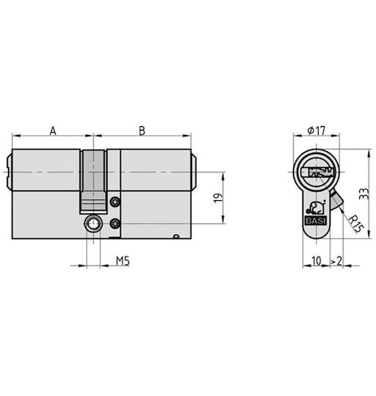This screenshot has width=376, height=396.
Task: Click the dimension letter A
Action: pos(53,131)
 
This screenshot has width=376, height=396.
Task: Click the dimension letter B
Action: pos(142,131)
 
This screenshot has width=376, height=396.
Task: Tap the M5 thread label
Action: pos(123,261)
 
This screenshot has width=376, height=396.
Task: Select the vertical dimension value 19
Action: pos(218,198)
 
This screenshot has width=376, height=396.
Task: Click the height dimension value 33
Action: pos(364,194)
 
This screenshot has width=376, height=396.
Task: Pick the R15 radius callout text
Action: pos(355,224)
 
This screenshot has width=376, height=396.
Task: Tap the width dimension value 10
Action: pos(317,260)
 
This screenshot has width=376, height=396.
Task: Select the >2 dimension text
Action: pos(336,260)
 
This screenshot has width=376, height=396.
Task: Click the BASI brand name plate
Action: pos(316,221)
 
